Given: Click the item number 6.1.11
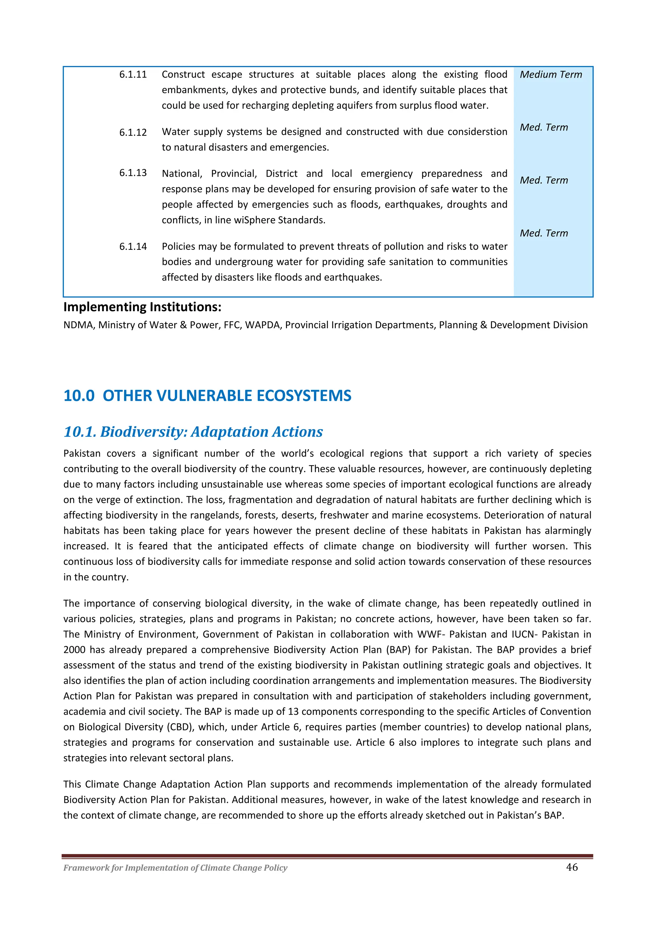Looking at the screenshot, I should coord(133,75).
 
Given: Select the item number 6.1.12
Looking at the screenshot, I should coord(133,133).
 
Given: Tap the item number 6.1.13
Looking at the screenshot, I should coord(133,173).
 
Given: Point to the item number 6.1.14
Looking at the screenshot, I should coord(133,246).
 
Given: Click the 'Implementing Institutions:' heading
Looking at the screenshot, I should coord(142,307).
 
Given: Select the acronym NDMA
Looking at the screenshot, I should coord(79,325).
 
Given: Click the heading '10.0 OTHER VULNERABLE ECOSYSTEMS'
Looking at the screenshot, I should coord(207,396).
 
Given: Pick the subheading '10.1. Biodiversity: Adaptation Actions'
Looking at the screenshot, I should coord(193,432).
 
